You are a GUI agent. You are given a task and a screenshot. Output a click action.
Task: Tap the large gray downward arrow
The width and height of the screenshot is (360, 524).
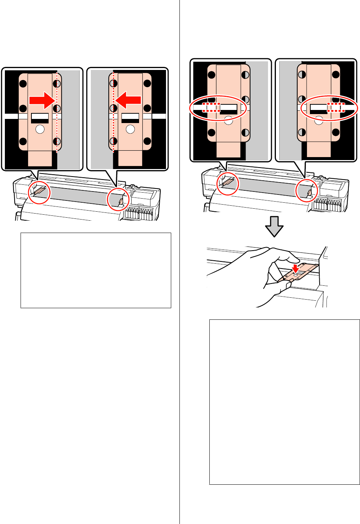pos(274,226)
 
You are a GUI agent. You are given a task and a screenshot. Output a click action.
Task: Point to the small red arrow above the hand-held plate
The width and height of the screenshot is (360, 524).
pos(296,268)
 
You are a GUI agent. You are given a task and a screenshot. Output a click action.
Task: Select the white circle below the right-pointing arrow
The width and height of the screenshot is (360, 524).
pos(40,129)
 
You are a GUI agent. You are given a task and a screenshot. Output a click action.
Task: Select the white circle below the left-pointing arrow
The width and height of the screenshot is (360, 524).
pos(130,129)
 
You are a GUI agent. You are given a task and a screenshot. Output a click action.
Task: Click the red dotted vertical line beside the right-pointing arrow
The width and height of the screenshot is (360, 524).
pos(57,112)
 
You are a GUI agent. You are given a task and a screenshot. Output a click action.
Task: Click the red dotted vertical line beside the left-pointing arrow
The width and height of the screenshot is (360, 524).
pos(113,112)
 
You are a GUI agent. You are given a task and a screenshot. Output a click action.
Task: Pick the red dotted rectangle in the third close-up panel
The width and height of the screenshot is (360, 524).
pos(212,108)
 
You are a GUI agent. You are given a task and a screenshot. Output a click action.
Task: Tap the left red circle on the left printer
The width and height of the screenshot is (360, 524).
pos(39,193)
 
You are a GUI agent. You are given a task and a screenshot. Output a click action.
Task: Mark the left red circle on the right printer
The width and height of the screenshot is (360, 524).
pos(228,184)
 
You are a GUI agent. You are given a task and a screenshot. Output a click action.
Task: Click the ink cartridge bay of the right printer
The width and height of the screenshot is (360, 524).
pos(328,205)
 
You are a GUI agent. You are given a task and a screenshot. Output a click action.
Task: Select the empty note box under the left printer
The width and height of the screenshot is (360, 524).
pos(96,270)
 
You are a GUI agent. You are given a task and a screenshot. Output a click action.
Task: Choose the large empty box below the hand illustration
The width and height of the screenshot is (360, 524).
pos(284,402)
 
